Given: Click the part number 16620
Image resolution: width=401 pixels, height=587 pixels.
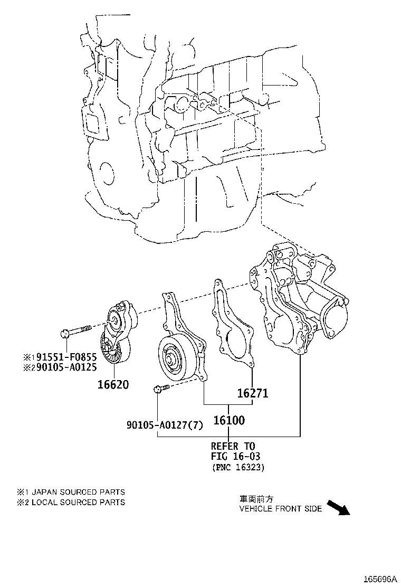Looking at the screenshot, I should click(113, 384).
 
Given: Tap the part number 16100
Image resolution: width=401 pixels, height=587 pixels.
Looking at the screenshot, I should click(228, 420).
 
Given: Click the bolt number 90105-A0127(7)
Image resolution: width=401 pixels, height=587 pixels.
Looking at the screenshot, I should click(164, 425).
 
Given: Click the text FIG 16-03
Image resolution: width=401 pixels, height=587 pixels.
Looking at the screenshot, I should click(235, 456).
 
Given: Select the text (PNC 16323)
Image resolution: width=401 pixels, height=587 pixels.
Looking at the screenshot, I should click(238, 467).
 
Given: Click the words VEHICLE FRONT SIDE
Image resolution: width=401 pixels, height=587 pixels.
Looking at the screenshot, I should click(280, 509).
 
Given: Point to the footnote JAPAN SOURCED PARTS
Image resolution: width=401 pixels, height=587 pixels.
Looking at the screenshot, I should click(78, 492).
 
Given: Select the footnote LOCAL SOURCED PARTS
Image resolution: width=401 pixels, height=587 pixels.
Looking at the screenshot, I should click(78, 502).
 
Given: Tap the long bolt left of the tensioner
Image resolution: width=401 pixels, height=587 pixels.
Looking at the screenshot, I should click(77, 332).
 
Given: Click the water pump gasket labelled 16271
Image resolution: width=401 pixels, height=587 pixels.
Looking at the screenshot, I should click(232, 327).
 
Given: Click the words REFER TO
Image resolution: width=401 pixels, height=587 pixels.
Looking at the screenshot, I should click(233, 446).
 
